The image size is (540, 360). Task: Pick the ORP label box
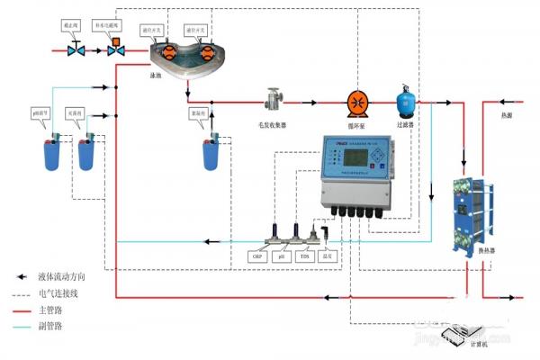256,256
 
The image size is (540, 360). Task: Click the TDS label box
306,256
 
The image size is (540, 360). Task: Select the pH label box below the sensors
283,256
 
